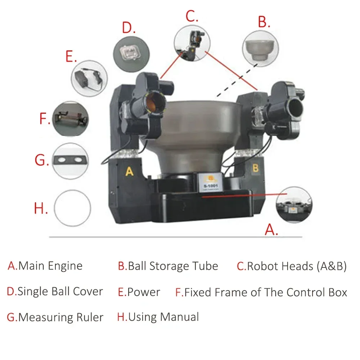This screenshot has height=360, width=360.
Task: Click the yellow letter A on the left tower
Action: tap(129, 171)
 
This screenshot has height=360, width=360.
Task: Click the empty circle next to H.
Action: tap(72, 208)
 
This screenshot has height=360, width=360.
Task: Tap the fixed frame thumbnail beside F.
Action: tap(70, 119)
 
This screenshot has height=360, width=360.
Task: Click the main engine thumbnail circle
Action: tap(294, 205)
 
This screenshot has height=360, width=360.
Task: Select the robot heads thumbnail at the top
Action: tap(192, 41)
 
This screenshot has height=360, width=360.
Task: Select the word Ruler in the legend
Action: tap(90, 318)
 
